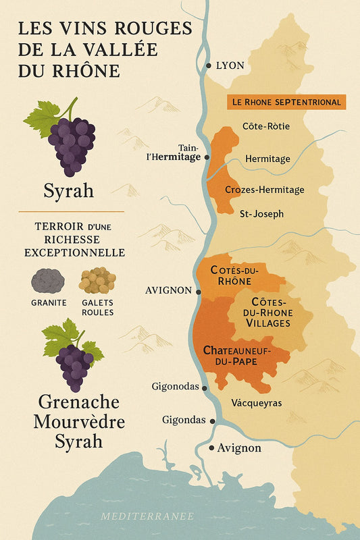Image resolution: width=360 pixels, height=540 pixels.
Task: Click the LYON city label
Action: pyautogui.click(x=230, y=65)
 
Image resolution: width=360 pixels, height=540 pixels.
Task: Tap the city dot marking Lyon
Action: pyautogui.click(x=209, y=65)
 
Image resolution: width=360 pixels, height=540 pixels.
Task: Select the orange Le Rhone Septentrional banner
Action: pyautogui.click(x=286, y=102)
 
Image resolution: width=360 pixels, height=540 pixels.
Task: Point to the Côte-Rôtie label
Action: pyautogui.click(x=265, y=126)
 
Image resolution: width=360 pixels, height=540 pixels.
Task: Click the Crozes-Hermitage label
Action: pyautogui.click(x=264, y=190)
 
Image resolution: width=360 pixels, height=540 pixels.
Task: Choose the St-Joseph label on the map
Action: pyautogui.click(x=261, y=214)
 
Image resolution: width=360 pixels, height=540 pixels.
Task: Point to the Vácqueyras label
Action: pyautogui.click(x=256, y=403)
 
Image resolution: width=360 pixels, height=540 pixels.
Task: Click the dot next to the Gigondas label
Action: pyautogui.click(x=213, y=421)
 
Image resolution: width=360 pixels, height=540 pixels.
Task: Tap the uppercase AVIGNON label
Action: pyautogui.click(x=169, y=292)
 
